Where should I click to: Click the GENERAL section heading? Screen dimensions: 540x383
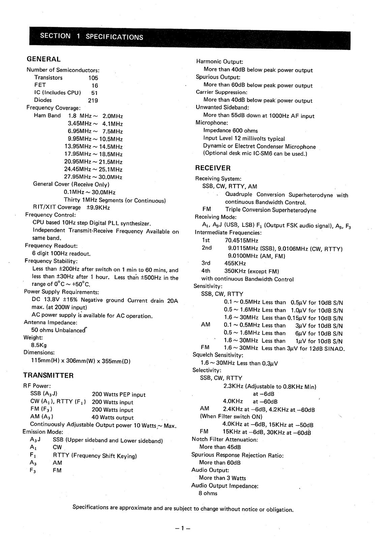[x=43, y=59]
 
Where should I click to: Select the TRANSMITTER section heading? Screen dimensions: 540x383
[x=48, y=375]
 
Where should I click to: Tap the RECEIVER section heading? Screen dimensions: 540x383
[x=213, y=168]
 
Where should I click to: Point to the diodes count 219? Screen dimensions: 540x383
[x=93, y=100]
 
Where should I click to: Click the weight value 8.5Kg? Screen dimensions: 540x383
[x=39, y=345]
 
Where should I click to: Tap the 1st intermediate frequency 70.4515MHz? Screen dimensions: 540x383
[x=241, y=241]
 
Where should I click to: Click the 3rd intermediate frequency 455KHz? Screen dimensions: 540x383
[x=235, y=263]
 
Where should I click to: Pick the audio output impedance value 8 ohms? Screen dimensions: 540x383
[x=208, y=493]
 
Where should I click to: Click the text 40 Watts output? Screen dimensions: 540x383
[x=113, y=417]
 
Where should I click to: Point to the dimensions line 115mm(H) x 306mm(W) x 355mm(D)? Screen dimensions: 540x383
[x=81, y=361]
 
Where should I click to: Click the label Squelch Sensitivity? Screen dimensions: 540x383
[x=217, y=355]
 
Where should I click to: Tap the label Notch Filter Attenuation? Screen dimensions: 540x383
[x=225, y=439]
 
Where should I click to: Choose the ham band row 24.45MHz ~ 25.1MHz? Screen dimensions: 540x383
[x=93, y=169]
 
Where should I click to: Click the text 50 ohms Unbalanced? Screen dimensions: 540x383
[x=58, y=330]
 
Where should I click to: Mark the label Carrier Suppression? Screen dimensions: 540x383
[x=222, y=92]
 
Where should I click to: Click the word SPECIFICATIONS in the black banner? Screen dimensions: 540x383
[x=114, y=37]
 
